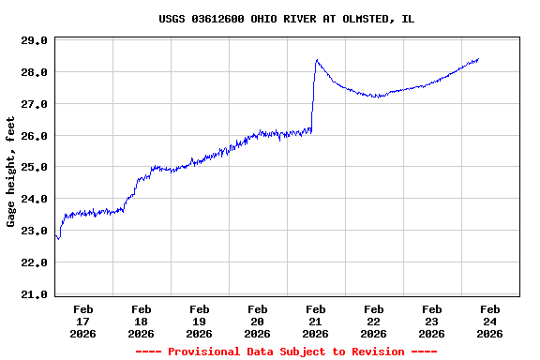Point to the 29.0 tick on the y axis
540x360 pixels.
point(34,40)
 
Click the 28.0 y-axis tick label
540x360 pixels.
point(34,72)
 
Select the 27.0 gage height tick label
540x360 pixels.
point(34,104)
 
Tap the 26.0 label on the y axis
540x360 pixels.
point(34,136)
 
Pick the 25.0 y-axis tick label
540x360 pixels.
point(34,167)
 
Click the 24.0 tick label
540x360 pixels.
point(34,199)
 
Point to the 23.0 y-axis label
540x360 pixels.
point(34,231)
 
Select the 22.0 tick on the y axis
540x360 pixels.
point(34,262)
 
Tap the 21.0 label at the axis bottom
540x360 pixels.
point(34,294)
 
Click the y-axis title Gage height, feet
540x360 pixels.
point(11,172)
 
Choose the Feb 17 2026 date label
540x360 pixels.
point(82,321)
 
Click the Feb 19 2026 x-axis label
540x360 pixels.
point(199,321)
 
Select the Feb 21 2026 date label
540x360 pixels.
point(315,321)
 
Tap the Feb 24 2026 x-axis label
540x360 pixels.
point(489,321)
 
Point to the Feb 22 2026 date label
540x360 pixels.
point(373,321)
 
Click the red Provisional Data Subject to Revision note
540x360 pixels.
point(286,352)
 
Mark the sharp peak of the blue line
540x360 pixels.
point(317,60)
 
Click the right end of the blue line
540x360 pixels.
point(478,59)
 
